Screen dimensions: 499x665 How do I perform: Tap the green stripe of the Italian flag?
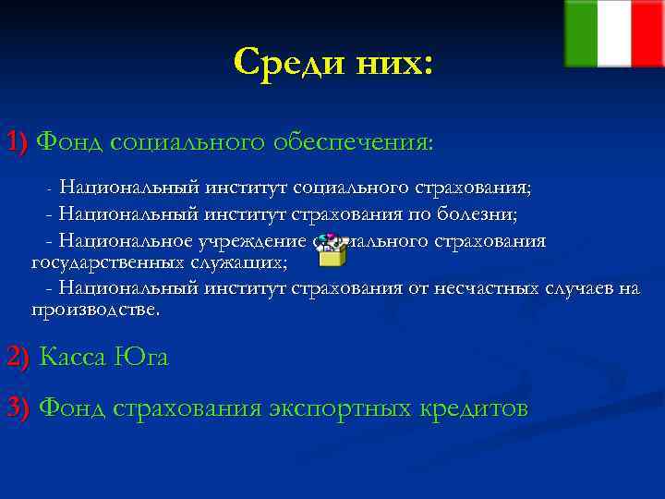tap(581, 33)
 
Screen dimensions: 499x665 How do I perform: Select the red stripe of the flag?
tap(647, 33)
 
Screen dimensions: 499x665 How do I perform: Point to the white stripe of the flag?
tap(614, 33)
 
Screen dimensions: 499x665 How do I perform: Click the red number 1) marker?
tap(18, 143)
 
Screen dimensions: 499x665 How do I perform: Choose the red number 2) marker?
tap(18, 357)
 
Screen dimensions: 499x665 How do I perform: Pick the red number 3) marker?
tap(18, 408)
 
